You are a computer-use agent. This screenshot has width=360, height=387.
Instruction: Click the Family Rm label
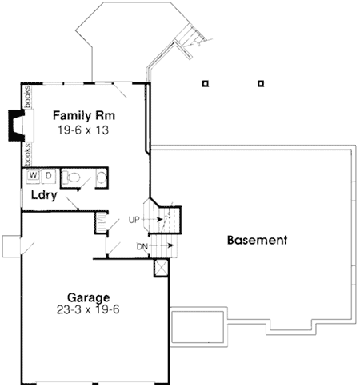(84, 116)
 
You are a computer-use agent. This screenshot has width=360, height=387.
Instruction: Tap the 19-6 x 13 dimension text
(83, 130)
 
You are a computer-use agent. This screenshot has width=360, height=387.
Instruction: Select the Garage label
(88, 297)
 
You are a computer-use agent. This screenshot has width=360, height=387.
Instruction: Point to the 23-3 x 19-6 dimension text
(88, 309)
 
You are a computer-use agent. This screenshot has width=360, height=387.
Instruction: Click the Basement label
(257, 240)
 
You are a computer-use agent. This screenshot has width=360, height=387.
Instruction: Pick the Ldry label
(44, 195)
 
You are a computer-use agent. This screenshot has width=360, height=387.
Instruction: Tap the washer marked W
(34, 175)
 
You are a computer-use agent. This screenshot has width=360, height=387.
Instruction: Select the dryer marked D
(48, 176)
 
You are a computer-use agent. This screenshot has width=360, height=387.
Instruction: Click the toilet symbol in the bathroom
(71, 177)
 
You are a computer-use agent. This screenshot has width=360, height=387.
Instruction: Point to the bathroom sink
(102, 177)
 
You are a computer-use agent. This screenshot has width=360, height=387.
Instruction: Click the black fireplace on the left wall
(16, 126)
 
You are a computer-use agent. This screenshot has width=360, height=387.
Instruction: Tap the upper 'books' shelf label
(27, 97)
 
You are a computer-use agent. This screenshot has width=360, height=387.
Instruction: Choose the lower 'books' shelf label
(28, 154)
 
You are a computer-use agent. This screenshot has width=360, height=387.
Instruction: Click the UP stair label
(134, 220)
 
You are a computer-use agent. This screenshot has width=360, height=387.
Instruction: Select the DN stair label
(142, 247)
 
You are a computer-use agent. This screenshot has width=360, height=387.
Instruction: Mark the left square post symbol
(205, 84)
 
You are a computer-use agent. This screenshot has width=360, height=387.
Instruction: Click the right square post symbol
(261, 84)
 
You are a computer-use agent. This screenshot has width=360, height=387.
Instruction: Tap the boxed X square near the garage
(161, 268)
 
